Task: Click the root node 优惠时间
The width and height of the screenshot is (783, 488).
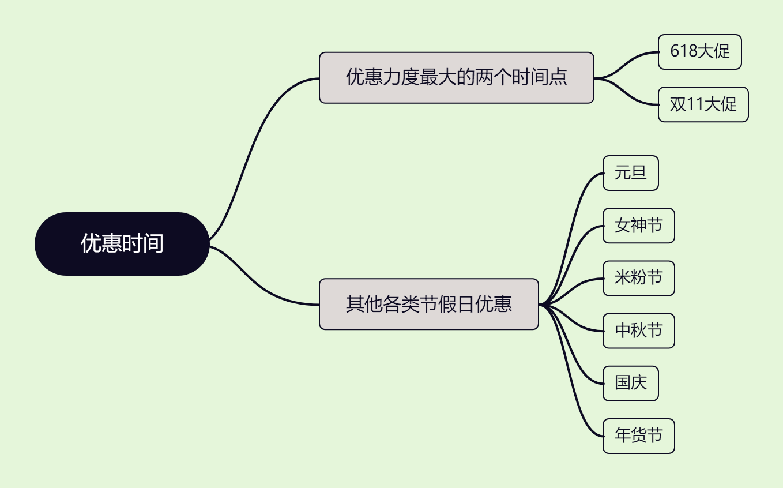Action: [x=122, y=244]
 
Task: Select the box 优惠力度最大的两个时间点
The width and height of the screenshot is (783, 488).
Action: [x=456, y=78]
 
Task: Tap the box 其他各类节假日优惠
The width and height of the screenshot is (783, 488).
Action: [x=428, y=304]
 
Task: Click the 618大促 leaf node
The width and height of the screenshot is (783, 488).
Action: [x=699, y=52]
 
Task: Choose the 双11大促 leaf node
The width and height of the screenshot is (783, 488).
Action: [x=703, y=104]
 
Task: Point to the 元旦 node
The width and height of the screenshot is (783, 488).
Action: [x=630, y=173]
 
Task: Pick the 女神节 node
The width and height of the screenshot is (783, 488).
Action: [x=638, y=226]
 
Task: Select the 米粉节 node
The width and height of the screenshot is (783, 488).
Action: [x=638, y=278]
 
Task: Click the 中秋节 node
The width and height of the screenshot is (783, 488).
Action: [x=638, y=331]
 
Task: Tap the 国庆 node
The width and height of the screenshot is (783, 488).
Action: [x=630, y=383]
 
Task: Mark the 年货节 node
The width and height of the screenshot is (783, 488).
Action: [x=638, y=436]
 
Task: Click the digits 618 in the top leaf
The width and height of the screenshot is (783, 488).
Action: [x=683, y=52]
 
